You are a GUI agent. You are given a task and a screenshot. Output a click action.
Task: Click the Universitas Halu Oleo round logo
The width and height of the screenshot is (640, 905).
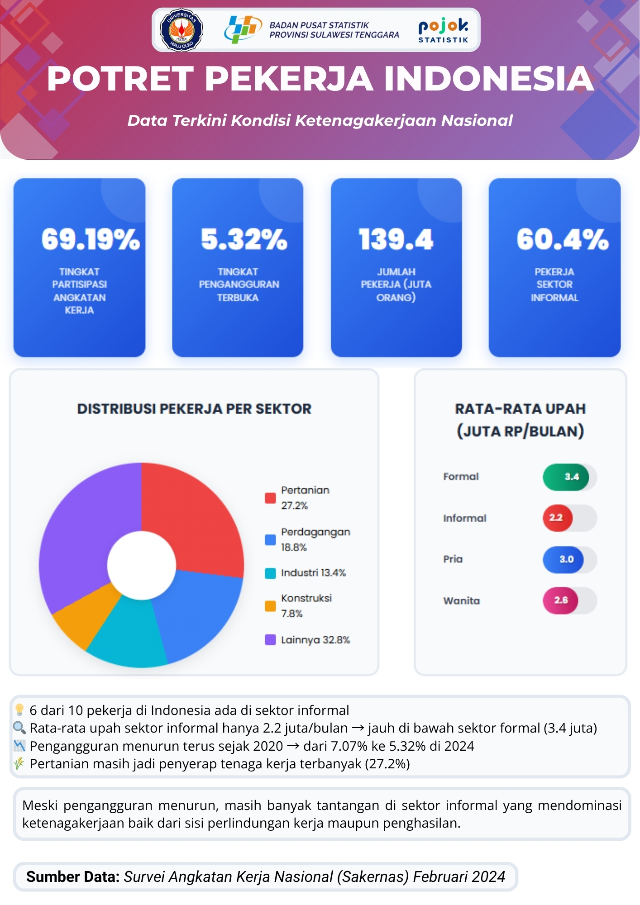tap(181, 30)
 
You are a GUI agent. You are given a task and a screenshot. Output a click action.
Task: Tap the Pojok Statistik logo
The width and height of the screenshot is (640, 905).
tap(443, 30)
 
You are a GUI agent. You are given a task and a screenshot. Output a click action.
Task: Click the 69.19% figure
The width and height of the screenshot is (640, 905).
tap(91, 239)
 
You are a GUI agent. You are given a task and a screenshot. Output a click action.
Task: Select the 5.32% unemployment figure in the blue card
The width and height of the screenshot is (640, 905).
tap(244, 239)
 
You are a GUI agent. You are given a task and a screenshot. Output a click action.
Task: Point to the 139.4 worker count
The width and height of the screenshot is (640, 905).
tap(396, 239)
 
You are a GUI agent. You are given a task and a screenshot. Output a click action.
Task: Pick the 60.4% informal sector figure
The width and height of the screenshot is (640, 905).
tap(563, 239)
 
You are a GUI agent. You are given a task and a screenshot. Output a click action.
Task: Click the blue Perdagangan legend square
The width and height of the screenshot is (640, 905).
tap(270, 539)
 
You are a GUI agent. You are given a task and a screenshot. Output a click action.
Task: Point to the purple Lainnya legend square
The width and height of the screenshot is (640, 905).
tap(270, 639)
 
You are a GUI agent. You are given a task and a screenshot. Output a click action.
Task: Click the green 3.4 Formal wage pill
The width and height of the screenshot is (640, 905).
tap(566, 477)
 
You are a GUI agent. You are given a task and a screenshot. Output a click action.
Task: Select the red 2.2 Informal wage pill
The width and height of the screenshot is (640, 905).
tap(557, 518)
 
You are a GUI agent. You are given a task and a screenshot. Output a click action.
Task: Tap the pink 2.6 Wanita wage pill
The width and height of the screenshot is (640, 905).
tap(560, 600)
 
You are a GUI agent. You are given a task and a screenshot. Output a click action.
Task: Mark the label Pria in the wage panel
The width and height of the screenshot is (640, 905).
tap(453, 559)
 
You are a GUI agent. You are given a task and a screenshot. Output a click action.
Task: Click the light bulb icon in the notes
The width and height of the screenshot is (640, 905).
tap(19, 710)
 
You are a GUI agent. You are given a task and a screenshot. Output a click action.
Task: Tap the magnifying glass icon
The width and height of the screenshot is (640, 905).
tap(19, 728)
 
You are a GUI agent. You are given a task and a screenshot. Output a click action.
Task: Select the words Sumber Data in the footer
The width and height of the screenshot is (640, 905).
tap(72, 876)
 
